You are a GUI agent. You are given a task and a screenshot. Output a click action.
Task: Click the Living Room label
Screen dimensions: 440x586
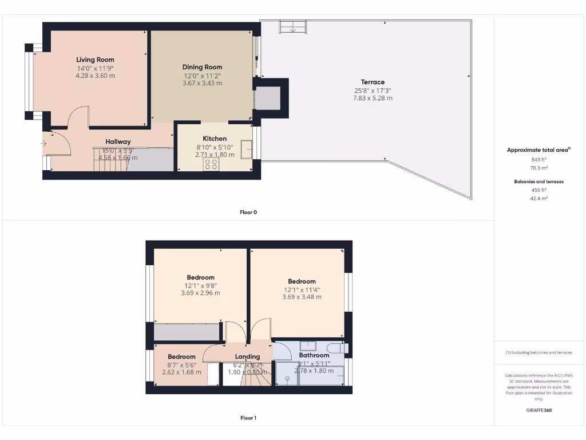pos(96,60)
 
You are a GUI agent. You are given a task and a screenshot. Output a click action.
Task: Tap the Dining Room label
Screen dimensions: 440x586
pos(203,67)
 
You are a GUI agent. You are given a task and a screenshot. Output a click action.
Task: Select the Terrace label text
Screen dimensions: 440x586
pos(373,82)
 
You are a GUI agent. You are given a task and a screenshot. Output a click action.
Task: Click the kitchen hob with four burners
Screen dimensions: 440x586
pos(211,164)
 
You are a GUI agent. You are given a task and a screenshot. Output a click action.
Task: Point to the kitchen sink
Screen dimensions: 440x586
pos(247,149)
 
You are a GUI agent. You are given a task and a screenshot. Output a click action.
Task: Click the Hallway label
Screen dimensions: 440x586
pos(118,142)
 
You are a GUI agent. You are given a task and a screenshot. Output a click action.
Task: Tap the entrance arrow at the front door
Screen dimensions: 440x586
pos(45,143)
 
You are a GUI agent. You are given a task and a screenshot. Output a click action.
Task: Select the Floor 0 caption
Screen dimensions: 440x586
pos(248,212)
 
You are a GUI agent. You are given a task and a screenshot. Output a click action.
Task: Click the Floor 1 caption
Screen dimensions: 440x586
pos(248,418)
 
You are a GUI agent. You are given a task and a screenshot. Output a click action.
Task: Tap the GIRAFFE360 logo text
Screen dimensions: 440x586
pos(538,410)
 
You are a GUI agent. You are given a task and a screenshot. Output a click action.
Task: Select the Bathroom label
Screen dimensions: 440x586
pos(314,355)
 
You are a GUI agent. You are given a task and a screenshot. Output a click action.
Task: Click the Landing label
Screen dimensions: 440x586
pos(247,356)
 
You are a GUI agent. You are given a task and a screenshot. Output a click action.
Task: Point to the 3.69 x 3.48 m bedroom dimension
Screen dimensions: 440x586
pos(302,297)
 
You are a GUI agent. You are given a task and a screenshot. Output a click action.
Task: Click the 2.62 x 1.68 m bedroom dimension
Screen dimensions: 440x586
pos(177,372)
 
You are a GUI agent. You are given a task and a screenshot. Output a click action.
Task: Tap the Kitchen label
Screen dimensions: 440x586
pos(215,139)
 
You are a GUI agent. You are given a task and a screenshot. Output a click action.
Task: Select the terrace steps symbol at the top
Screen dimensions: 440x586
pos(292,26)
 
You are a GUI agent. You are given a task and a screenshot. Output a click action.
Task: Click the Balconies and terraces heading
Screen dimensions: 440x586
pos(538,182)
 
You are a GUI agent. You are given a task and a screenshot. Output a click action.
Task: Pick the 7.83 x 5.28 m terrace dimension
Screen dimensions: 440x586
pos(373,98)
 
